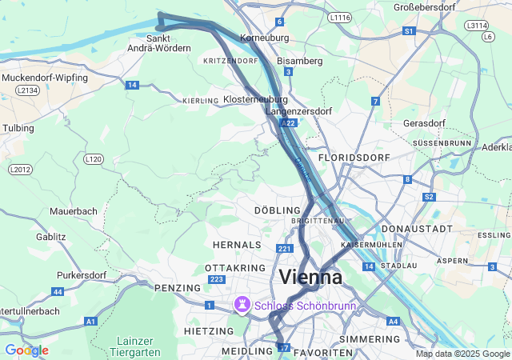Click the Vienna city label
click(310, 278)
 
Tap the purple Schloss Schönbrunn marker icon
click(241, 305)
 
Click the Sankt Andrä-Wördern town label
click(159, 43)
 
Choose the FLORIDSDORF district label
click(353, 158)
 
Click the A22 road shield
click(290, 122)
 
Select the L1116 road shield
click(339, 16)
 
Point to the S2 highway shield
click(430, 196)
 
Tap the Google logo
click(26, 350)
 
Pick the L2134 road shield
click(26, 90)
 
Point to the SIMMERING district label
click(369, 339)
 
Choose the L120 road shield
click(94, 159)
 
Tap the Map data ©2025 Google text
click(462, 354)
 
